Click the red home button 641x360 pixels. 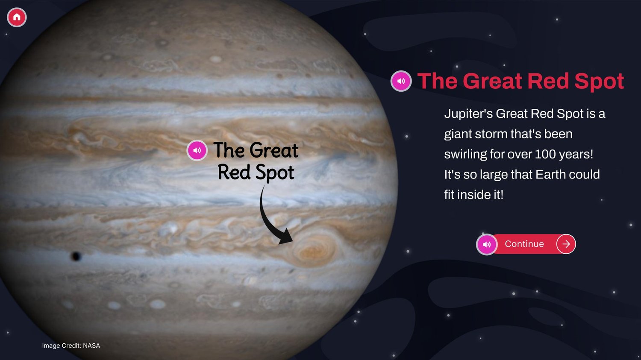click(x=17, y=17)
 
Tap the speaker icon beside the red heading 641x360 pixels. click(x=401, y=81)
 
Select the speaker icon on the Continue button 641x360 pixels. click(x=487, y=244)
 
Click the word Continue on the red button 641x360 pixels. click(x=524, y=244)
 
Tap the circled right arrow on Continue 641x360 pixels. click(x=566, y=244)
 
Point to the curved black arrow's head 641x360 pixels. click(x=286, y=237)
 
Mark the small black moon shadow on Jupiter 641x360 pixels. click(x=76, y=256)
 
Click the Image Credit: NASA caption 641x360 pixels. click(x=71, y=346)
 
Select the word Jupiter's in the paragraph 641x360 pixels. click(x=468, y=114)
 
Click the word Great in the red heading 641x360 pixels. click(x=493, y=81)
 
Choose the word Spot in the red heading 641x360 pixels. click(x=599, y=82)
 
